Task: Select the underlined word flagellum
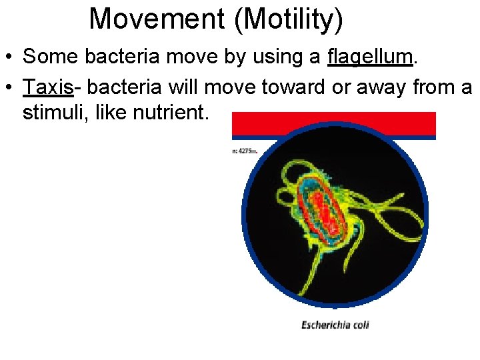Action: coord(370,57)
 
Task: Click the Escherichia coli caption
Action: coord(335,325)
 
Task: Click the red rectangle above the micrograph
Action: coord(333,124)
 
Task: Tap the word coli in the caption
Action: coord(358,325)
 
